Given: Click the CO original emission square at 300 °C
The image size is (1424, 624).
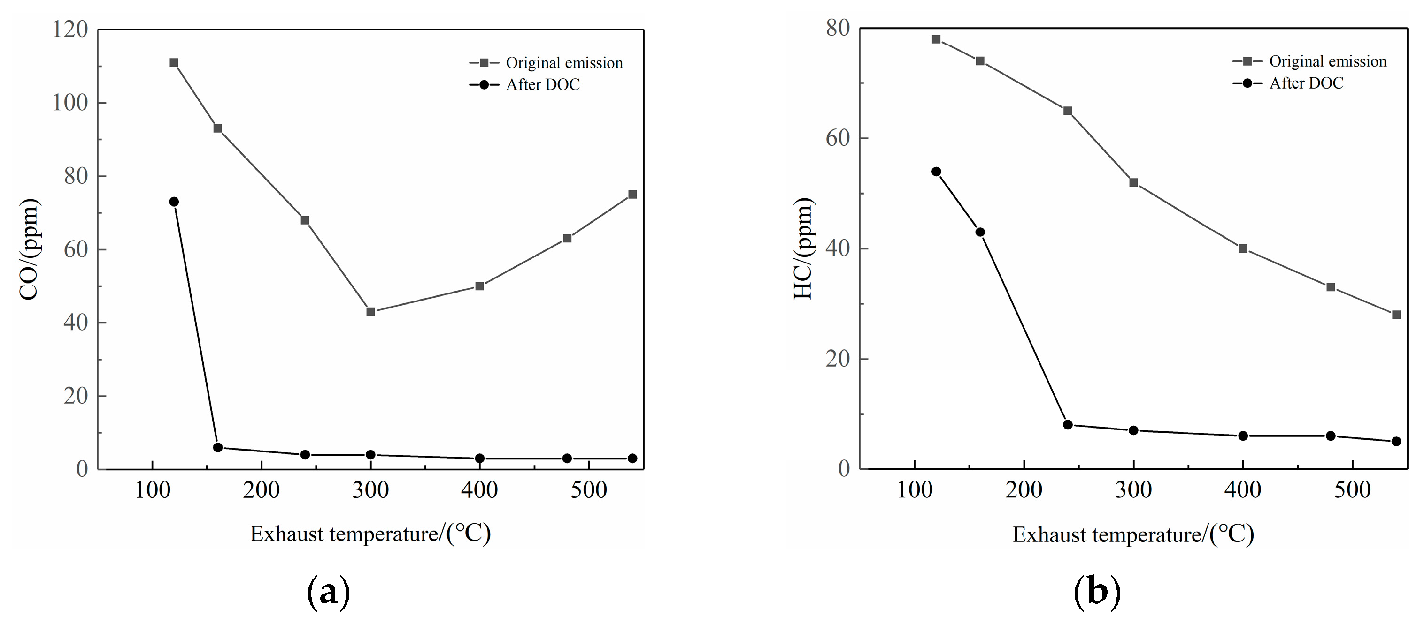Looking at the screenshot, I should (x=370, y=311).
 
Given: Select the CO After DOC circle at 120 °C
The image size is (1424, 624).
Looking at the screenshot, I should (x=174, y=202).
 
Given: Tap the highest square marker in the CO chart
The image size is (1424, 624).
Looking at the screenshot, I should (x=174, y=62).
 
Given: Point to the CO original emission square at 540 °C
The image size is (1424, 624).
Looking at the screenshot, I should (x=632, y=195).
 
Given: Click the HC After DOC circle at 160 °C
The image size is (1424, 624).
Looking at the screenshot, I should (x=980, y=232).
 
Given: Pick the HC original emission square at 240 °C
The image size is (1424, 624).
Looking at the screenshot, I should (x=1068, y=111).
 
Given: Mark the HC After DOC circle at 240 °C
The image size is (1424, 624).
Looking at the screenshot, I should (x=1068, y=425).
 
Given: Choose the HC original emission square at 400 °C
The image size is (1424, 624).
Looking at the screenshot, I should (x=1243, y=248).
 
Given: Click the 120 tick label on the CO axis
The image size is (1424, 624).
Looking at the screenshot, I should (x=70, y=29).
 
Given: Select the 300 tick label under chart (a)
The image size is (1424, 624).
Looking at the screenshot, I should (x=370, y=490).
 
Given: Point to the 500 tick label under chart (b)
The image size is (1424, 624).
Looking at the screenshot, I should (x=1352, y=490).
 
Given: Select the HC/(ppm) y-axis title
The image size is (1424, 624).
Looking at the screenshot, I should (x=804, y=248).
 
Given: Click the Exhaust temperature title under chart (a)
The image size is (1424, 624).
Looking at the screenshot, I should (x=370, y=534).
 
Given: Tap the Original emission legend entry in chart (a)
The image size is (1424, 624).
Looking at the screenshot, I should (x=564, y=63).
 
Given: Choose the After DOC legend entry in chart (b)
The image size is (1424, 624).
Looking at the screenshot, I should (x=1306, y=83).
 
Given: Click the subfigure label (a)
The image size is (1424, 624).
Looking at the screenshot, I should (x=328, y=593).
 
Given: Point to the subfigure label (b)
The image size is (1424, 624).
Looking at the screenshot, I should (x=1097, y=593).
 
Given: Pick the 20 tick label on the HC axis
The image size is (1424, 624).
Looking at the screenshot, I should (x=838, y=359).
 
